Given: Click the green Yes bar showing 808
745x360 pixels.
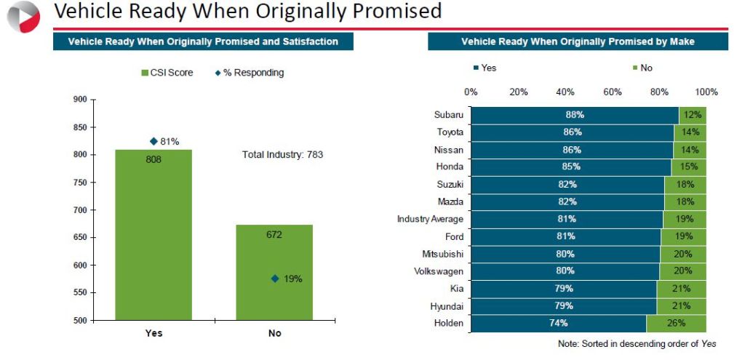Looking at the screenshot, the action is point(154,235).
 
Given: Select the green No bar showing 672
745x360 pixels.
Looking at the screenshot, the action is point(274,272).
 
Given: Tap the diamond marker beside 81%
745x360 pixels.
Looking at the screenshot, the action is point(154,141).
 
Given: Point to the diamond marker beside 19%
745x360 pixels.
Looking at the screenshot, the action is point(274,279).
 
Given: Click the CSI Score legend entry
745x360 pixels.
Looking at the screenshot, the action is point(167,73).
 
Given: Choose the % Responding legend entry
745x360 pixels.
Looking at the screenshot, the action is point(250,73).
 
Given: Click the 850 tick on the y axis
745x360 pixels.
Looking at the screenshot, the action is point(81,127).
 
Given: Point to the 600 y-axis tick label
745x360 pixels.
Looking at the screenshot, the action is point(81,265).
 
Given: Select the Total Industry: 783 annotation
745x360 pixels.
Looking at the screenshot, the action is point(283,154).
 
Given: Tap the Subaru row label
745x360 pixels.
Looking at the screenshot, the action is point(448,115).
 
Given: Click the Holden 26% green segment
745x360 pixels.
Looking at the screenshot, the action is point(676,324).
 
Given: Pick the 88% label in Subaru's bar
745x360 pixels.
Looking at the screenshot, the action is point(574,115).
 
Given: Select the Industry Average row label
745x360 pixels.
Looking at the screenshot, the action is point(430,220).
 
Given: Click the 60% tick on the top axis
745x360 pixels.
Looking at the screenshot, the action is point(613,92).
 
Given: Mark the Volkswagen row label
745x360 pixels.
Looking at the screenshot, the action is point(439,271).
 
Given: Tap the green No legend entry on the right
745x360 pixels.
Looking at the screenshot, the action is point(642,68).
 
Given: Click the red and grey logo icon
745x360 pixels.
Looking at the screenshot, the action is point(23,17).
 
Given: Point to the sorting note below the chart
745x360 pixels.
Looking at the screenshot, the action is point(637,344).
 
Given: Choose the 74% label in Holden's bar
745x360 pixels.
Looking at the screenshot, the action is point(558,324).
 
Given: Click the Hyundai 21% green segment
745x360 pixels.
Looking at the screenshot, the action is point(681,306).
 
